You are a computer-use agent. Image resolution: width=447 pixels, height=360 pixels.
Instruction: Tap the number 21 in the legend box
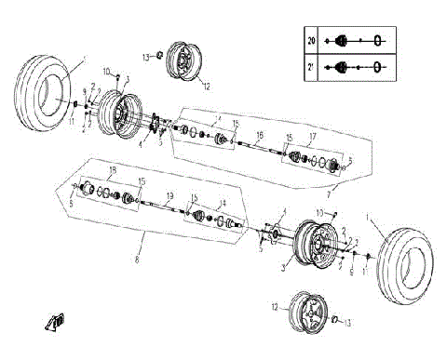tap(311, 67)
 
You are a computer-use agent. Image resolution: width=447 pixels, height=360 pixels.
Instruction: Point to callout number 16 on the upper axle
tap(260, 136)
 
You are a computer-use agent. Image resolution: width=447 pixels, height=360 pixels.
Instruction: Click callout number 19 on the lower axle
tap(170, 195)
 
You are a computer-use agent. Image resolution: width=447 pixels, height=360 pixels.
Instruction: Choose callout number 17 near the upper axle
tap(314, 137)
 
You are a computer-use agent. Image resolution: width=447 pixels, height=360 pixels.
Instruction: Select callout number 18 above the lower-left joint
tap(112, 170)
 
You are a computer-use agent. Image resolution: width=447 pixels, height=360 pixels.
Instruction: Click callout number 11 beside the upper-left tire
tap(71, 121)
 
